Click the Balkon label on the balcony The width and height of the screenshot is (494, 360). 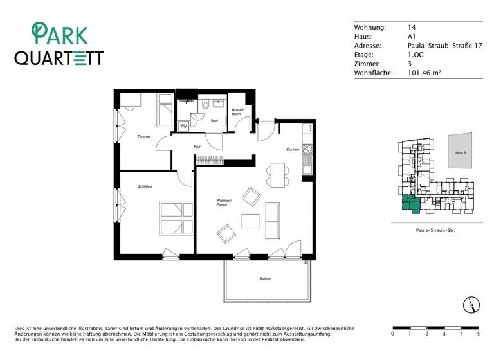click(266, 279)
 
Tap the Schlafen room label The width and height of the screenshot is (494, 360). click(144, 186)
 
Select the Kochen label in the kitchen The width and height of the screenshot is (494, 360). click(293, 149)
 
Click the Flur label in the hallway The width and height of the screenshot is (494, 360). click(197, 147)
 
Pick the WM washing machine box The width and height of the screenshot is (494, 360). click(183, 126)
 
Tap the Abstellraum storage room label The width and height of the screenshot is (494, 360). click(237, 111)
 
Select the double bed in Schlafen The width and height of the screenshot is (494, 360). click(176, 218)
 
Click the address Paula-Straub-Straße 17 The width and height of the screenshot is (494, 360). click(444, 46)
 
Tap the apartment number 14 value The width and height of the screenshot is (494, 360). click(412, 28)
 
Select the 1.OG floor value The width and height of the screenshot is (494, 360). click(416, 55)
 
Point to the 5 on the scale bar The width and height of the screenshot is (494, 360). click(478, 334)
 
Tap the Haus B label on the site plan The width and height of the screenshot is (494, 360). click(460, 153)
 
